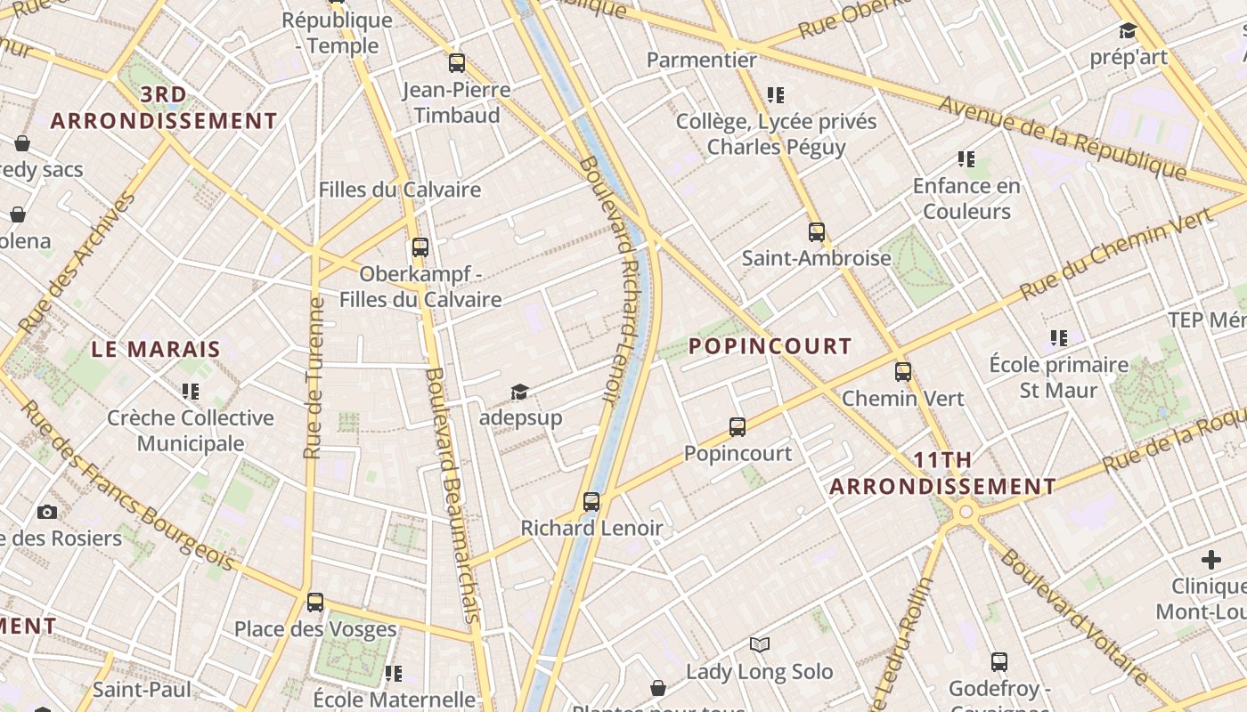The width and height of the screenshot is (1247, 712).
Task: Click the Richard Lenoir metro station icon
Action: [x=591, y=501]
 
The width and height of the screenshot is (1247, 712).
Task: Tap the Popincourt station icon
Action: [x=738, y=426]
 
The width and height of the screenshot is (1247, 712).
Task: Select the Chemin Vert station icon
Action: [x=903, y=371]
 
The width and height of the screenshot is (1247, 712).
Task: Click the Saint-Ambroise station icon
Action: [x=817, y=232]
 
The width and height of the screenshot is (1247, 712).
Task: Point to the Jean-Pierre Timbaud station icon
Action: [x=457, y=62]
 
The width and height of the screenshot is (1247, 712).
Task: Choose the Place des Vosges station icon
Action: [x=315, y=602]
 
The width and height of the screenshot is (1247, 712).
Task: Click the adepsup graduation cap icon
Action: [x=519, y=392]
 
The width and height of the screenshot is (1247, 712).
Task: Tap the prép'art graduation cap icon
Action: [x=1128, y=31]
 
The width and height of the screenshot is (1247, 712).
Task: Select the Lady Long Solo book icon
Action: [x=760, y=644]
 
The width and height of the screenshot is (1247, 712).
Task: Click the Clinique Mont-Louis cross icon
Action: [x=1210, y=560]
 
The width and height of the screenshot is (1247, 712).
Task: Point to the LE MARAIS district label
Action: [x=156, y=349]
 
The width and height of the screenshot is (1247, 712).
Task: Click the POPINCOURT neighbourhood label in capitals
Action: [x=770, y=346]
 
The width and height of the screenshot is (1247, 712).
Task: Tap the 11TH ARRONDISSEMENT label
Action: [x=943, y=473]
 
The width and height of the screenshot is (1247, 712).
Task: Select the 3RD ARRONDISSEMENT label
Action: [x=164, y=108]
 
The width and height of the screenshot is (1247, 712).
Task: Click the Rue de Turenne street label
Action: [x=314, y=378]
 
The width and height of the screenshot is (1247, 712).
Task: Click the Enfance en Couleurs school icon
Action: [x=966, y=159]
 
